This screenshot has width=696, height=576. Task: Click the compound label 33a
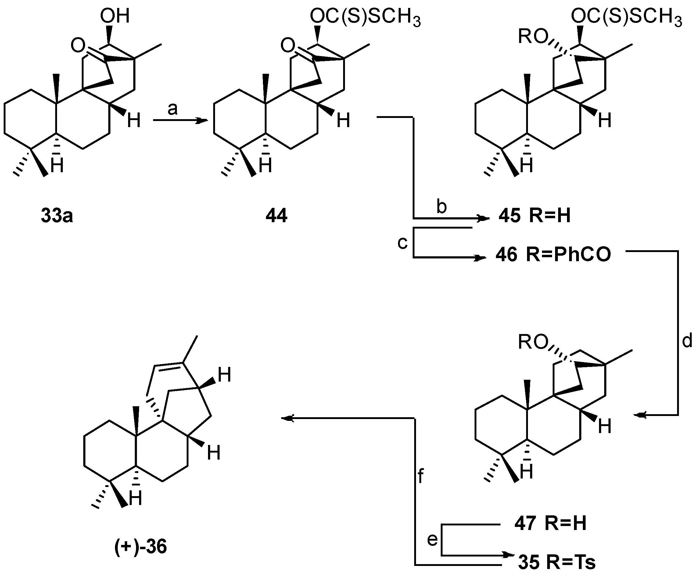click(57, 216)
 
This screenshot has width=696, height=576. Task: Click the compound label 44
click(276, 216)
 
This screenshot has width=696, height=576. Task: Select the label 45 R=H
click(535, 216)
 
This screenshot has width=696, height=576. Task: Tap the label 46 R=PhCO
click(553, 255)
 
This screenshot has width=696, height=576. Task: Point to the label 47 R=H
click(550, 524)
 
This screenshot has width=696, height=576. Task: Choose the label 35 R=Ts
click(557, 562)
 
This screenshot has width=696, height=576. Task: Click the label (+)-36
click(141, 546)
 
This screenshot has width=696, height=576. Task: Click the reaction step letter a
click(172, 108)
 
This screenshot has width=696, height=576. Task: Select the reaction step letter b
click(441, 207)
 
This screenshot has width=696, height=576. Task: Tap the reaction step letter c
click(402, 243)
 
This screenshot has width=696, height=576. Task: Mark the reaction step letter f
click(420, 477)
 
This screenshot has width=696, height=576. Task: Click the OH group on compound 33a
click(115, 16)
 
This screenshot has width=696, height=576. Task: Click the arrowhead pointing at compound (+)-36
click(287, 419)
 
